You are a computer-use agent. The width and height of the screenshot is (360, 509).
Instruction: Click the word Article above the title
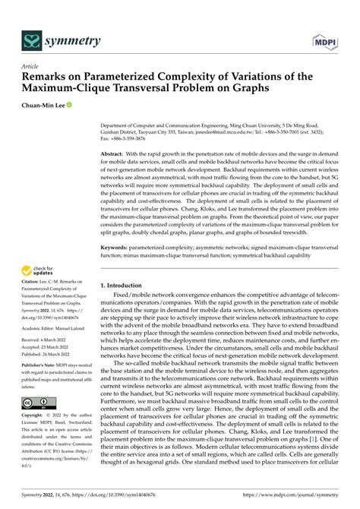30,66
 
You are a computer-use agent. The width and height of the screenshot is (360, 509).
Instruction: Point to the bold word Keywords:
116,247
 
